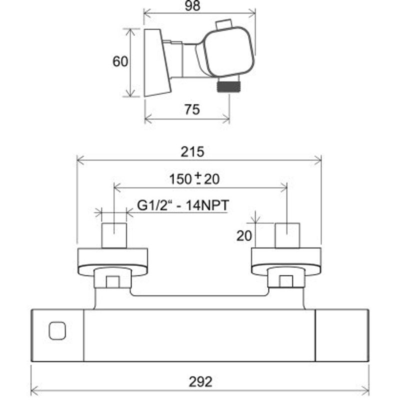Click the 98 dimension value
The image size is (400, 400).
pyautogui.click(x=192, y=6)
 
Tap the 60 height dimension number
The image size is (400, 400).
pyautogui.click(x=120, y=61)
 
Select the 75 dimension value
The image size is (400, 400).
pyautogui.click(x=192, y=109)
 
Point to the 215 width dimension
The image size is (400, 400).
pyautogui.click(x=192, y=152)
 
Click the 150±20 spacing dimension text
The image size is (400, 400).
pyautogui.click(x=194, y=178)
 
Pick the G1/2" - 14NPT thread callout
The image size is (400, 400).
pyautogui.click(x=183, y=205)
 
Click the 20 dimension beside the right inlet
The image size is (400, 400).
pyautogui.click(x=244, y=235)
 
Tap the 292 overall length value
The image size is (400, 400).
pyautogui.click(x=200, y=381)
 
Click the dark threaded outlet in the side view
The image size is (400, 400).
pyautogui.click(x=228, y=85)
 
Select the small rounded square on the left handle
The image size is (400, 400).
pyautogui.click(x=57, y=330)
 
